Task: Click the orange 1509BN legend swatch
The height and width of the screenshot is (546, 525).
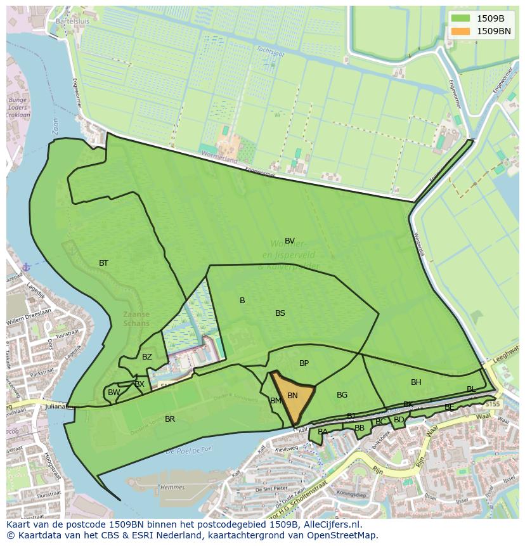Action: (x=461, y=30)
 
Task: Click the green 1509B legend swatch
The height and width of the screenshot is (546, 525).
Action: (x=461, y=18)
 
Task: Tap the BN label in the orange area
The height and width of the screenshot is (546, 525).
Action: (x=292, y=396)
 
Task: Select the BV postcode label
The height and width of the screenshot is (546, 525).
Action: (x=290, y=241)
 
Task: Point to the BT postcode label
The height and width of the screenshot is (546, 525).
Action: (x=103, y=263)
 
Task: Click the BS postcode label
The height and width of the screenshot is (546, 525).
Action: (x=280, y=313)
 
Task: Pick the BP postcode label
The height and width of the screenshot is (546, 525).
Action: (x=304, y=363)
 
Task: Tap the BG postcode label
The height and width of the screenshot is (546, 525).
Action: (x=342, y=395)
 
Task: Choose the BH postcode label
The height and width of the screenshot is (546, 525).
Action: (x=416, y=382)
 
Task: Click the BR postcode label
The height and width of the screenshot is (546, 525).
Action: (x=170, y=419)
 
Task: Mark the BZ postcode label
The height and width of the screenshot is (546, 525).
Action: (x=147, y=357)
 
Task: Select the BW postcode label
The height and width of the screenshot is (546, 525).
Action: (x=113, y=393)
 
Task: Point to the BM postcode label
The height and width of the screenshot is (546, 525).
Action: (x=276, y=401)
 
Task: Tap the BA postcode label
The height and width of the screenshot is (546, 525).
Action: (x=323, y=432)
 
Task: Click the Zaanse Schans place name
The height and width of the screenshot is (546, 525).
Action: (x=137, y=318)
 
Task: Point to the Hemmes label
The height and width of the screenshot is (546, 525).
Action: (x=172, y=487)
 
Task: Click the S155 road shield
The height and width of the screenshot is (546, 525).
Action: (x=493, y=404)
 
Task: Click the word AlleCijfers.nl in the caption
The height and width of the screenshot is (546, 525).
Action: (x=332, y=525)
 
